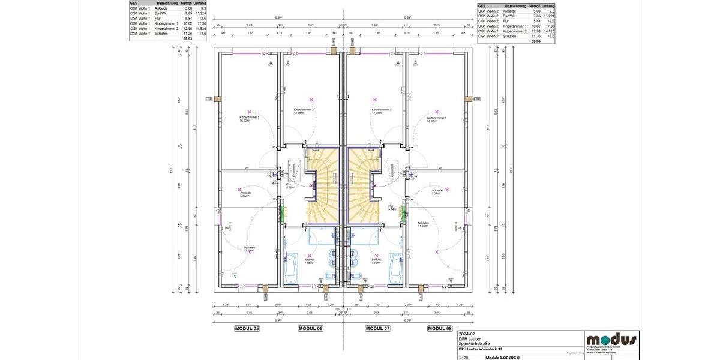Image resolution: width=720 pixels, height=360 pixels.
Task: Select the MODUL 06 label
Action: click(310, 328)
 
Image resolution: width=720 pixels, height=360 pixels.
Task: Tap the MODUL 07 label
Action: click(377, 328)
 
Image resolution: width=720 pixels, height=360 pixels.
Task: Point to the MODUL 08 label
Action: click(440, 328)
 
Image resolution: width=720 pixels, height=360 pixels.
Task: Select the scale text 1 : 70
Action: click(464, 357)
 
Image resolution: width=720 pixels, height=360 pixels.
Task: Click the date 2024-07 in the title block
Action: click(466, 334)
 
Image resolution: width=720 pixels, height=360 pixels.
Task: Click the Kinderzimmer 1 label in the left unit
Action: click(250, 118)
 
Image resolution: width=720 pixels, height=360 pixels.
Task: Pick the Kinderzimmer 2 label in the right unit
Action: click(382, 110)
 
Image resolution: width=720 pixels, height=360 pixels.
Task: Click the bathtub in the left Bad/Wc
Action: click(290, 266)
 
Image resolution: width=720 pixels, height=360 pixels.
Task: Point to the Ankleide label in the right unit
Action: click(437, 191)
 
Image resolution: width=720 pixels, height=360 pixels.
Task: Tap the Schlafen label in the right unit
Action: click(424, 223)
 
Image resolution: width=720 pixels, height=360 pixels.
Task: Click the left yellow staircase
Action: click(323, 186)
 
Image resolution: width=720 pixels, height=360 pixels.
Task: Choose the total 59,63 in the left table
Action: click(188, 38)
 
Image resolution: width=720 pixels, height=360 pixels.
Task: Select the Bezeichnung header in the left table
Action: click(166, 3)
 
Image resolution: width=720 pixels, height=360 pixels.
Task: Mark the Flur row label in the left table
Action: click(158, 18)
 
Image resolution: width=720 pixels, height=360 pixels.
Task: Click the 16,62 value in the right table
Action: click(535, 26)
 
